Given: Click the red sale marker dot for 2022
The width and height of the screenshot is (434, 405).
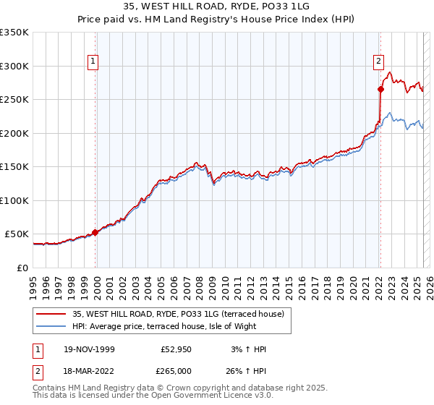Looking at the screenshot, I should coord(380,90).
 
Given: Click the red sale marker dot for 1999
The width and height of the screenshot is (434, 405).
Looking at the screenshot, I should coord(95,232).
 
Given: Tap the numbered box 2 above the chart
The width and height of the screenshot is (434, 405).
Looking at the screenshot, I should coord(378,61).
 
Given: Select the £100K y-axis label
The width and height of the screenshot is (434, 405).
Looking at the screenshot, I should coord(14,200).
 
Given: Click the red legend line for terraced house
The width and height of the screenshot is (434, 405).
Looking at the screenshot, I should coord(50,314).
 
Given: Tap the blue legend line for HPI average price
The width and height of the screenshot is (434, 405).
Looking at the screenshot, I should coord(50,326).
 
